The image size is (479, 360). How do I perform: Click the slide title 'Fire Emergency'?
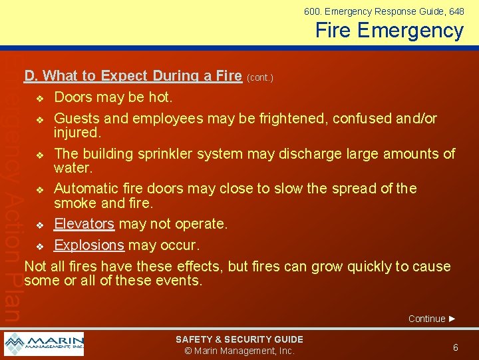tap(389, 31)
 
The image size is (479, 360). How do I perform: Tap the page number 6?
tap(455, 347)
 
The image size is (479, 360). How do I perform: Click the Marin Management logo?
tap(44, 344)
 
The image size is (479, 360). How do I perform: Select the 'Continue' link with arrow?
tap(432, 319)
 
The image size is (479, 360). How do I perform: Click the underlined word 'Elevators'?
tap(84, 223)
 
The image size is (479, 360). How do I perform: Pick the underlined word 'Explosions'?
tap(88, 245)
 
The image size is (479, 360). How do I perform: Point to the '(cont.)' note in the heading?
tap(259, 77)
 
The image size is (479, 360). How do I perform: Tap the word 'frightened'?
tap(295, 119)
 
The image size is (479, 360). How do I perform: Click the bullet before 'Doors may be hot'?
tap(39, 99)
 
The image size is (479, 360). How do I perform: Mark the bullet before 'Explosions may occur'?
tap(39, 246)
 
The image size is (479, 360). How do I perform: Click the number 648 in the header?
tap(456, 11)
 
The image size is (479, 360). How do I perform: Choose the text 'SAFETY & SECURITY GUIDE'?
tap(239, 339)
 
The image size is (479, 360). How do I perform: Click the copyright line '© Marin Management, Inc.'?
tap(239, 351)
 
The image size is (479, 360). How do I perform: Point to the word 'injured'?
tap(75, 133)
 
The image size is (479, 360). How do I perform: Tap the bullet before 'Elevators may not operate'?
tap(39, 225)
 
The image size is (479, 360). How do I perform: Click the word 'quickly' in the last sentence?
tap(366, 267)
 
